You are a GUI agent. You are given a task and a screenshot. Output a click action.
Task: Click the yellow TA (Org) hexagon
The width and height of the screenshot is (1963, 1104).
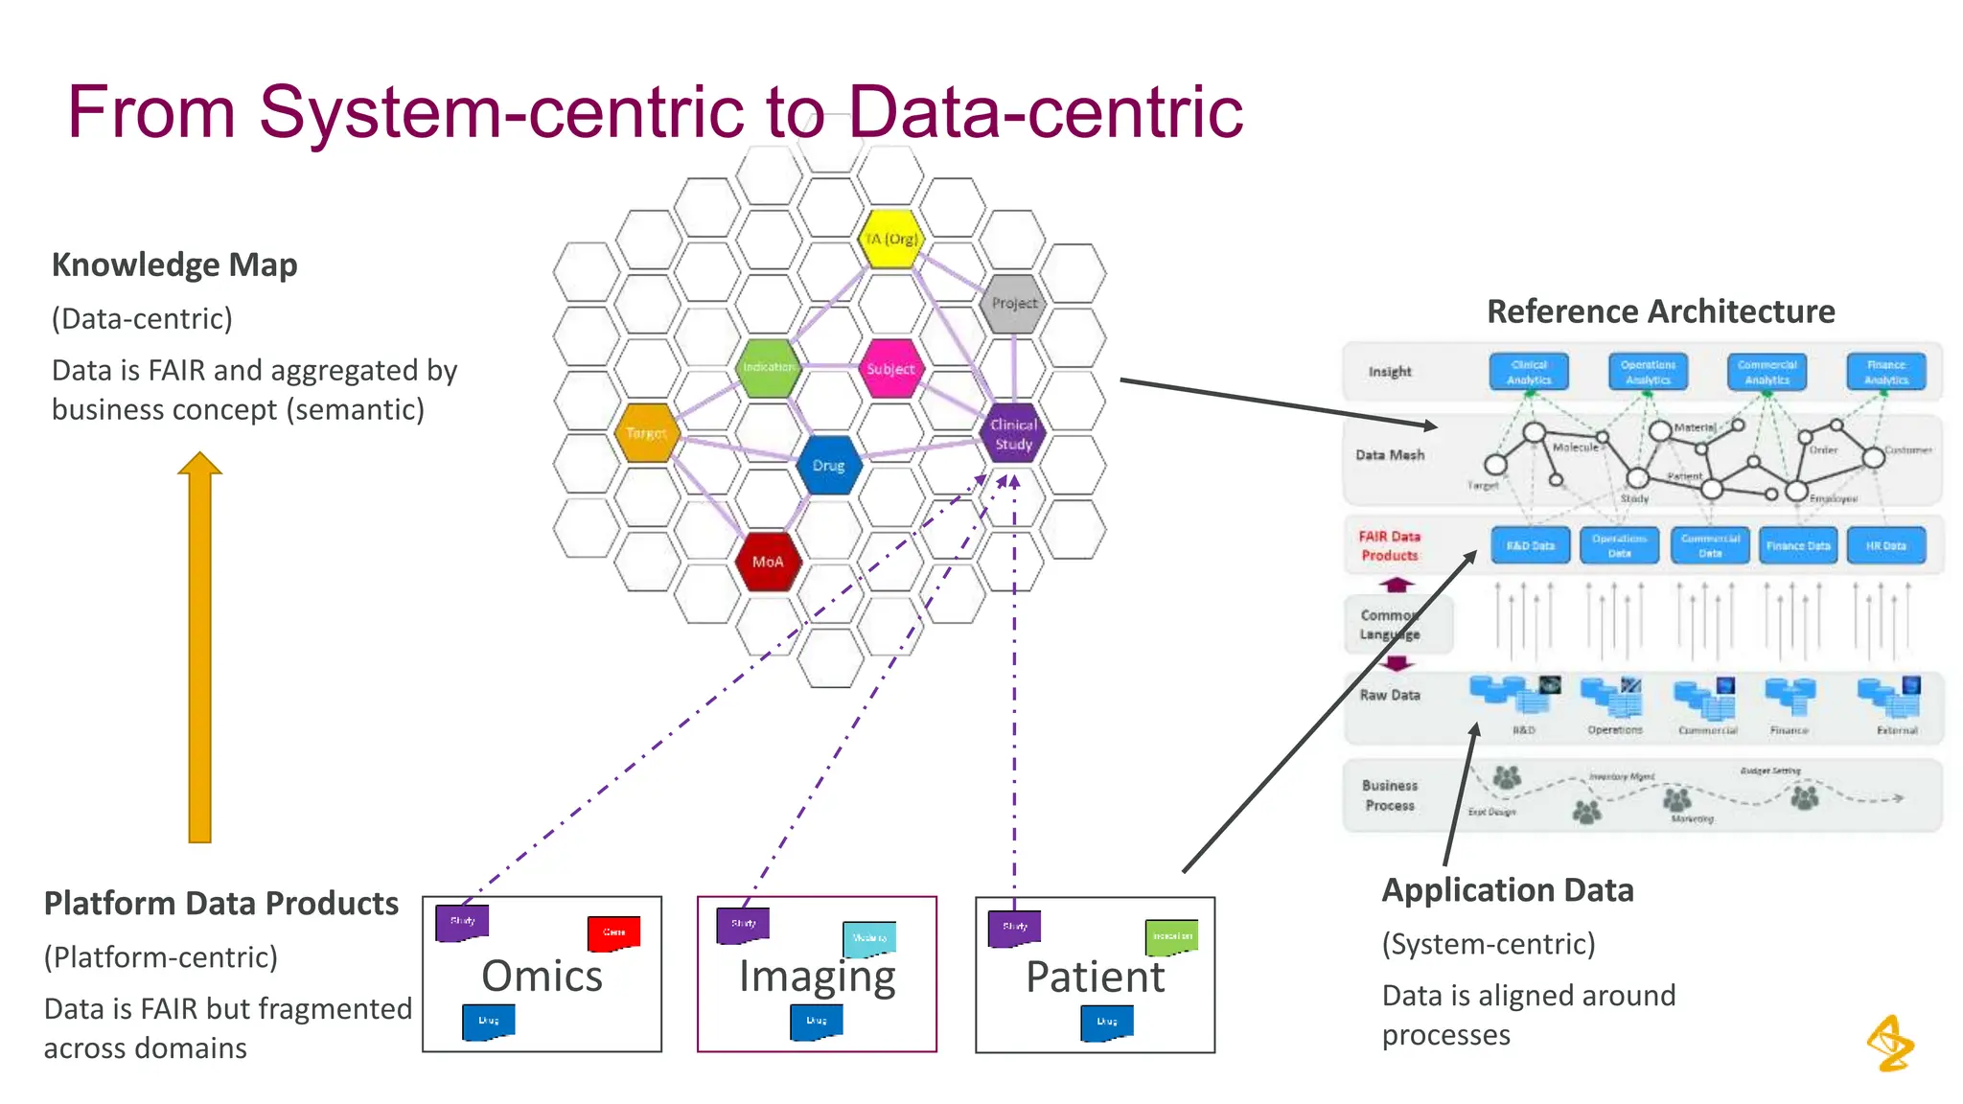click(x=890, y=239)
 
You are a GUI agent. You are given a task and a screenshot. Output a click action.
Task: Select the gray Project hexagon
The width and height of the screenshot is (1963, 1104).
click(x=1014, y=303)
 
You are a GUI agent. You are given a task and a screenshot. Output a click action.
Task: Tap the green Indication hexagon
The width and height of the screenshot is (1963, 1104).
click(x=768, y=367)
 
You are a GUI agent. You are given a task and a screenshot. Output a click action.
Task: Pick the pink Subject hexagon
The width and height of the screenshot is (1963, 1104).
click(x=890, y=368)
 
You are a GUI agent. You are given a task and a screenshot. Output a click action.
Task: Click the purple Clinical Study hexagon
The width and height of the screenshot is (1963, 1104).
click(x=1013, y=434)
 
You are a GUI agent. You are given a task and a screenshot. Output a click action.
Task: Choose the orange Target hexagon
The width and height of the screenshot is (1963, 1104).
click(x=647, y=433)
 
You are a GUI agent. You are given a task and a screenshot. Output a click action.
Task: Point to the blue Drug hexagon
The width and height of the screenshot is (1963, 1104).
click(x=828, y=466)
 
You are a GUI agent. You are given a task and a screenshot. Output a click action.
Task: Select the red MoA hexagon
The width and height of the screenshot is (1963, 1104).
click(x=768, y=562)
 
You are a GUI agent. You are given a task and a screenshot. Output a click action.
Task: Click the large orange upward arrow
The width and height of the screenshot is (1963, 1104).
click(x=199, y=652)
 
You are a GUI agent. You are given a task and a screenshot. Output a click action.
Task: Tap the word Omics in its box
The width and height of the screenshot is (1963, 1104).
click(x=542, y=976)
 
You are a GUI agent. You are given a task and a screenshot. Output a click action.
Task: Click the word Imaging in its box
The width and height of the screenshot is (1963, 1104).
click(x=817, y=977)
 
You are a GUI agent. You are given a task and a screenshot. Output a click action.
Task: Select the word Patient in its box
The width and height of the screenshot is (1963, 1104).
click(x=1095, y=977)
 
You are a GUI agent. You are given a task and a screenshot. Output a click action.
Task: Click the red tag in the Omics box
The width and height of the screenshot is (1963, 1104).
click(x=613, y=932)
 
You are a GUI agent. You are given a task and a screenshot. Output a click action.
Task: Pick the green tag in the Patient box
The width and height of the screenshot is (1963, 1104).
click(x=1171, y=936)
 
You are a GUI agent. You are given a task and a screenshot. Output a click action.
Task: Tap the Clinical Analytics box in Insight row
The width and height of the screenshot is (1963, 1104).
click(x=1529, y=372)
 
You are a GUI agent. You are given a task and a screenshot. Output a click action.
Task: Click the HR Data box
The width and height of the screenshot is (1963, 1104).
click(x=1885, y=545)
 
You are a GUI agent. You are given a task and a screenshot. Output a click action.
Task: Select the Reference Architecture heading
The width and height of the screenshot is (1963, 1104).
click(x=1660, y=311)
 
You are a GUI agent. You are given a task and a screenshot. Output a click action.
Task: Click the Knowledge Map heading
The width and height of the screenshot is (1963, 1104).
click(x=174, y=264)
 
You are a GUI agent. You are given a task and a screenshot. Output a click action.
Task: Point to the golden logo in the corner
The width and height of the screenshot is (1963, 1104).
click(x=1890, y=1043)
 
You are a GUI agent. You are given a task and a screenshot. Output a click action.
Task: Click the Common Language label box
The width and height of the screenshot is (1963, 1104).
click(x=1397, y=624)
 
